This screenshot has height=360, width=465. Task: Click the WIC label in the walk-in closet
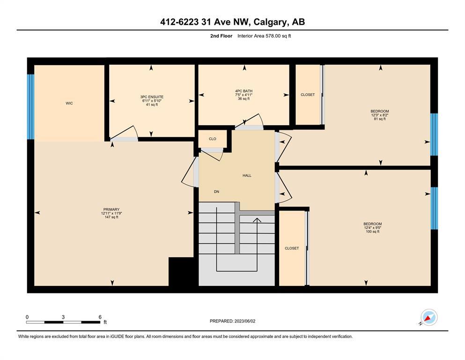pyautogui.click(x=69, y=103)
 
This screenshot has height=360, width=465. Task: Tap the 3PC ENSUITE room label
pyautogui.click(x=152, y=97)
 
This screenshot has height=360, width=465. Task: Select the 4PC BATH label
pyautogui.click(x=244, y=91)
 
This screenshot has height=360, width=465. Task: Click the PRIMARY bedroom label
pyautogui.click(x=111, y=209)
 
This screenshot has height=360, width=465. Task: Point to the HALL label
pyautogui.click(x=247, y=175)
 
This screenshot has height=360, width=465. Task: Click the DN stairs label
pyautogui.click(x=216, y=192)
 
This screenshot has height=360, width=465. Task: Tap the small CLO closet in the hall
pyautogui.click(x=212, y=139)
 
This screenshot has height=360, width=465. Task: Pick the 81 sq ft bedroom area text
pyautogui.click(x=380, y=119)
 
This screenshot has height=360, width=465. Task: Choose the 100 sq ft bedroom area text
pyautogui.click(x=373, y=232)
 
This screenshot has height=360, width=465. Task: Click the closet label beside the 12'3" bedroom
pyautogui.click(x=308, y=95)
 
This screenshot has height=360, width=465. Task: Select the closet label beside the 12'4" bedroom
pyautogui.click(x=292, y=248)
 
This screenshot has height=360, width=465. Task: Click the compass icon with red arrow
pyautogui.click(x=429, y=317)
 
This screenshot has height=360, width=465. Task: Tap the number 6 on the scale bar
pyautogui.click(x=100, y=317)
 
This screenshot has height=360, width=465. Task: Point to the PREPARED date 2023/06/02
pyautogui.click(x=245, y=321)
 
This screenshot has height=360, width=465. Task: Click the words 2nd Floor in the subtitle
pyautogui.click(x=221, y=36)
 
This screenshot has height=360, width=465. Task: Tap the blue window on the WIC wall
pyautogui.click(x=31, y=106)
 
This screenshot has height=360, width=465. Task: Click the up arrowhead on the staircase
pyautogui.click(x=257, y=220)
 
